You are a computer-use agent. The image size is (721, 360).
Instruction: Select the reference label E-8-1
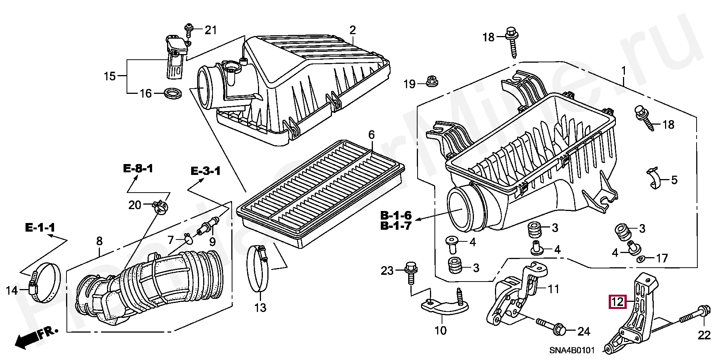click(x=138, y=169)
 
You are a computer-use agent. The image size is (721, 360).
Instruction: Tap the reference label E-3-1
click(x=206, y=171)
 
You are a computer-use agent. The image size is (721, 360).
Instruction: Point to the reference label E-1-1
click(x=40, y=227)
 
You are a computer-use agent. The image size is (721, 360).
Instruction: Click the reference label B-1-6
click(x=396, y=215)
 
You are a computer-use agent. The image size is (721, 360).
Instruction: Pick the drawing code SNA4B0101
click(x=572, y=351)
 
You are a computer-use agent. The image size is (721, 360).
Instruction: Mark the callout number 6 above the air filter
click(x=371, y=135)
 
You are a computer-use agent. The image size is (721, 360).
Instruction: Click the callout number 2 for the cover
click(x=352, y=30)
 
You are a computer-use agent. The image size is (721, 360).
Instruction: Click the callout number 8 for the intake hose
click(x=99, y=241)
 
